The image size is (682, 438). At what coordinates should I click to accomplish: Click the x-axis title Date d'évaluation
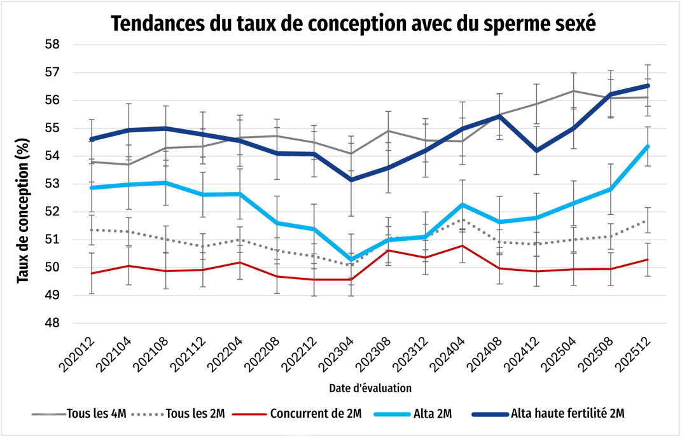[370, 387]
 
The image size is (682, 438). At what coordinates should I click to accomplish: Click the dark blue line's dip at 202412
[536, 151]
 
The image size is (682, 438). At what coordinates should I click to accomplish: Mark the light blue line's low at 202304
[351, 260]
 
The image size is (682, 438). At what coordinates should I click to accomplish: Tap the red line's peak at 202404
[462, 246]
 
